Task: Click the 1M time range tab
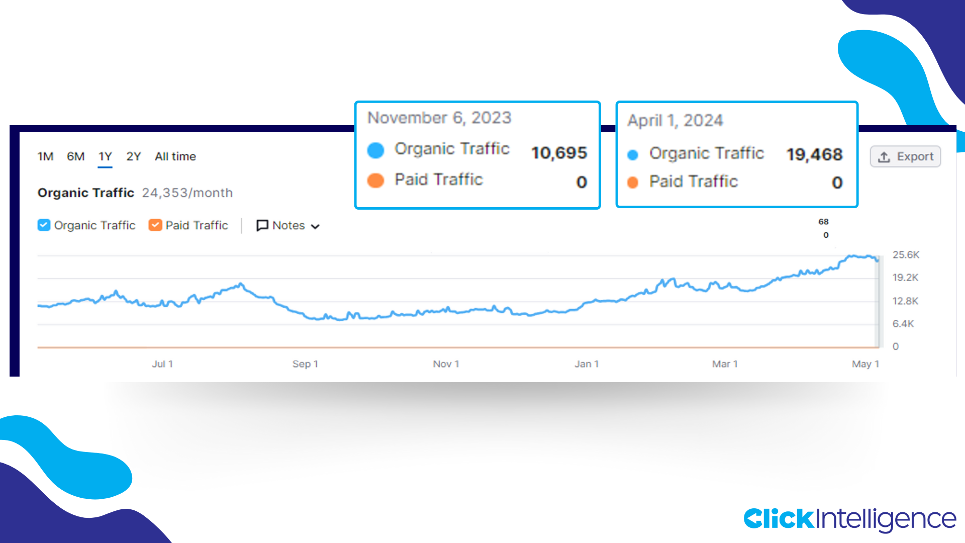coord(45,156)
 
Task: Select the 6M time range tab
coord(75,156)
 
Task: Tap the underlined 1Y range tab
coord(105,156)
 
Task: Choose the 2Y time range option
coord(133,156)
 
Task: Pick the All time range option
coord(175,156)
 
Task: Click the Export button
coord(905,157)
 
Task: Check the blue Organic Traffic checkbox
coord(44,225)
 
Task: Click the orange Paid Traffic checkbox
coord(155,225)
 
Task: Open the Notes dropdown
coord(288,225)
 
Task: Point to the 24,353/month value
coord(187,193)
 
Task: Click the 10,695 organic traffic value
coord(559,152)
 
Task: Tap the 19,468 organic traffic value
coord(814,154)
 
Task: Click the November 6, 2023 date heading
coord(439,118)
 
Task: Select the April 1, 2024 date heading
coord(675,121)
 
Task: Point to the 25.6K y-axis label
coord(906,254)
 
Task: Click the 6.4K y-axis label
coord(903,324)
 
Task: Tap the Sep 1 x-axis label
coord(305,364)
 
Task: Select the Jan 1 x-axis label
coord(587,364)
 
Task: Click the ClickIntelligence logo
coord(849,519)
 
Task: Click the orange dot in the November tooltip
coord(375,180)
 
